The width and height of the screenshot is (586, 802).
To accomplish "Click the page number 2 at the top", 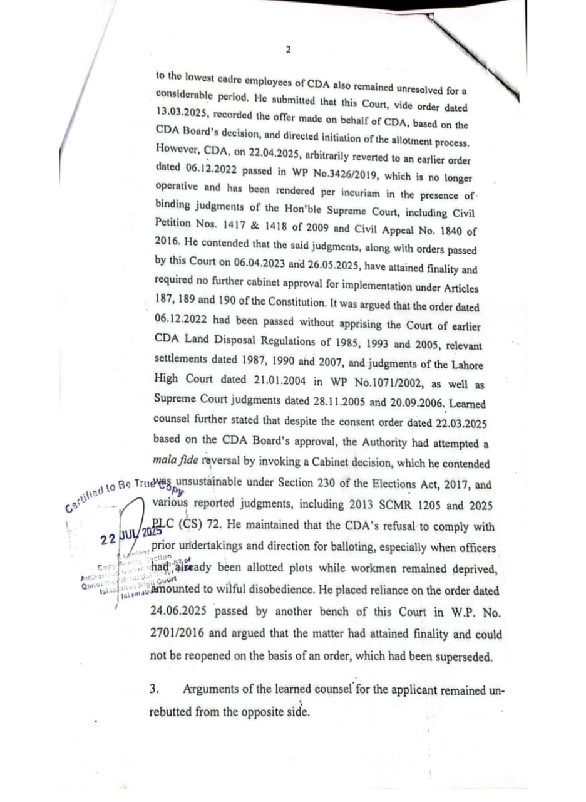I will (x=288, y=50).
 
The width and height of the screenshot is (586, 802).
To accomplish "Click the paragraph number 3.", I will (x=155, y=690).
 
